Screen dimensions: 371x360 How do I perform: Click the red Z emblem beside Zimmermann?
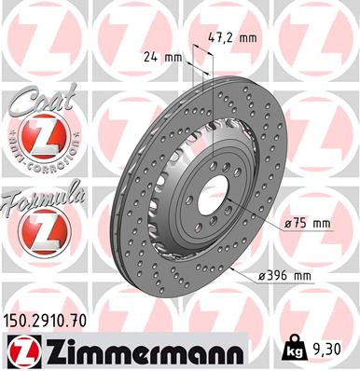click(21, 352)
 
